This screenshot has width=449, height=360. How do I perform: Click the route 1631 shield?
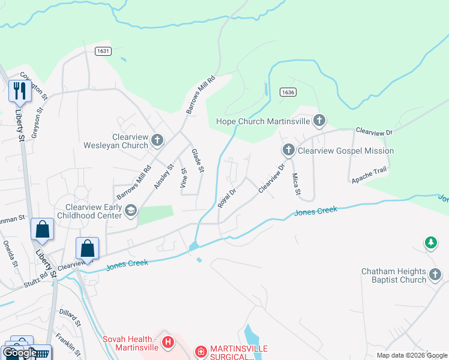point(103,52)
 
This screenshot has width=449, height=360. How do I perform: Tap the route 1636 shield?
point(287,91)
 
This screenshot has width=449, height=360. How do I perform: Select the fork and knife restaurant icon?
point(19,91)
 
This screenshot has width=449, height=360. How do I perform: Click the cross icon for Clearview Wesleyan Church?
point(157,140)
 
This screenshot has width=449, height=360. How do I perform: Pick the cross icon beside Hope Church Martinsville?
point(319,121)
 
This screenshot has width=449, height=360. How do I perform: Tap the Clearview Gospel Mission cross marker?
point(288,150)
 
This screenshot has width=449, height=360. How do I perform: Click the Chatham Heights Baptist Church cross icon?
point(436,276)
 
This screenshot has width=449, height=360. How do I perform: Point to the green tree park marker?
point(430,242)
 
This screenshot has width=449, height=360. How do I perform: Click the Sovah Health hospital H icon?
point(169,343)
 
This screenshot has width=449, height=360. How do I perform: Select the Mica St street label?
point(295,184)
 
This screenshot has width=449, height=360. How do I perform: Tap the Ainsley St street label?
point(163,177)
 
